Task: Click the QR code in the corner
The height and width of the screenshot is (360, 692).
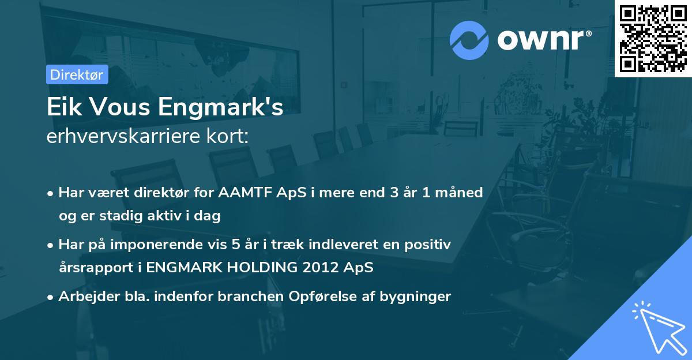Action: click(653, 38)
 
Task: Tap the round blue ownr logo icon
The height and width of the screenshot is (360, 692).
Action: click(469, 39)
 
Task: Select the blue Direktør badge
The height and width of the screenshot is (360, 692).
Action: click(77, 74)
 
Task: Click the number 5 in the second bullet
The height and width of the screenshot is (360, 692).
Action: click(238, 245)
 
